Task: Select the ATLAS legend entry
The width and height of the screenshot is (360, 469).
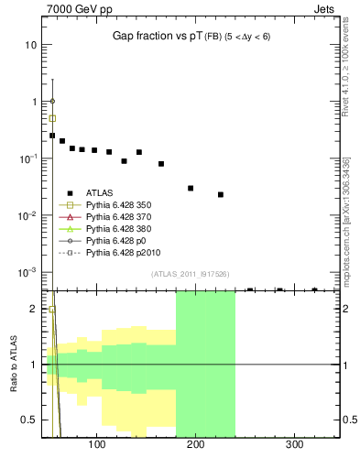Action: (x=98, y=193)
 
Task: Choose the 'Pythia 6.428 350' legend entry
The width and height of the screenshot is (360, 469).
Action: (x=117, y=204)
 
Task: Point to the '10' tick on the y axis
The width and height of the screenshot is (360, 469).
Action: (x=31, y=45)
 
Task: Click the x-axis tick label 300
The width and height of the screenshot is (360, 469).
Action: (x=294, y=444)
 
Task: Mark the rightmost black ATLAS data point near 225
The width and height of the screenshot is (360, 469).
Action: (x=221, y=194)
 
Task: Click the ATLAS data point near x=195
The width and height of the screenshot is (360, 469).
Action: (x=191, y=188)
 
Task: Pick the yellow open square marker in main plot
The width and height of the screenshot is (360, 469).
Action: (x=52, y=118)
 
